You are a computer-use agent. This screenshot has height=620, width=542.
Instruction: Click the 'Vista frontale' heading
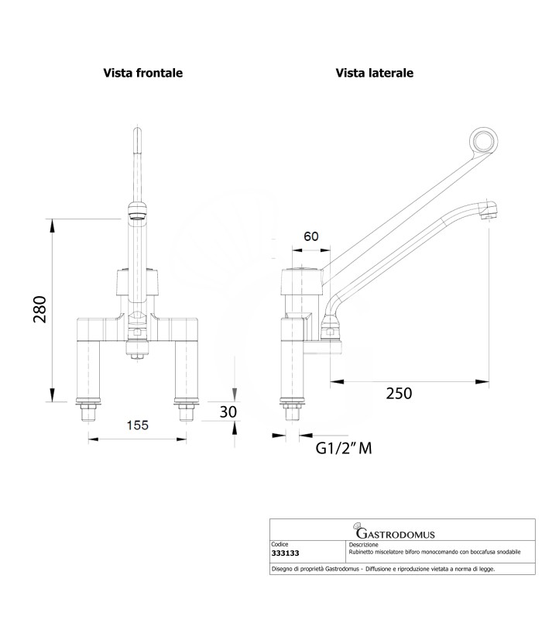[x=143, y=73]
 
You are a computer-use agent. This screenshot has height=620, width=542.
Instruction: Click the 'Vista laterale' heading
[x=374, y=73]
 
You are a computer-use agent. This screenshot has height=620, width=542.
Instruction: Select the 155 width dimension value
[x=136, y=425]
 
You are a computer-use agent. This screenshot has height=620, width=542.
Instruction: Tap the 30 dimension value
[x=227, y=412]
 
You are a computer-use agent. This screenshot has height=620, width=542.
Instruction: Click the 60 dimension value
[x=311, y=236]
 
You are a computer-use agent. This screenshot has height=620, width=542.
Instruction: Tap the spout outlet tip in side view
[x=487, y=217]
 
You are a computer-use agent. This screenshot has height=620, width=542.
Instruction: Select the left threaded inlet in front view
[x=87, y=412]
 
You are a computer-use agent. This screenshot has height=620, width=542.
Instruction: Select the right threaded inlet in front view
[x=186, y=412]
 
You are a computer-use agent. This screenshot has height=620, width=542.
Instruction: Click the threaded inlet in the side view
[x=292, y=412]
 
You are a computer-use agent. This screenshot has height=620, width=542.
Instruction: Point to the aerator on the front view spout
[x=136, y=212]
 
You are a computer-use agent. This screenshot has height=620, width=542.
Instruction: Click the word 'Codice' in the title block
[x=280, y=544]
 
